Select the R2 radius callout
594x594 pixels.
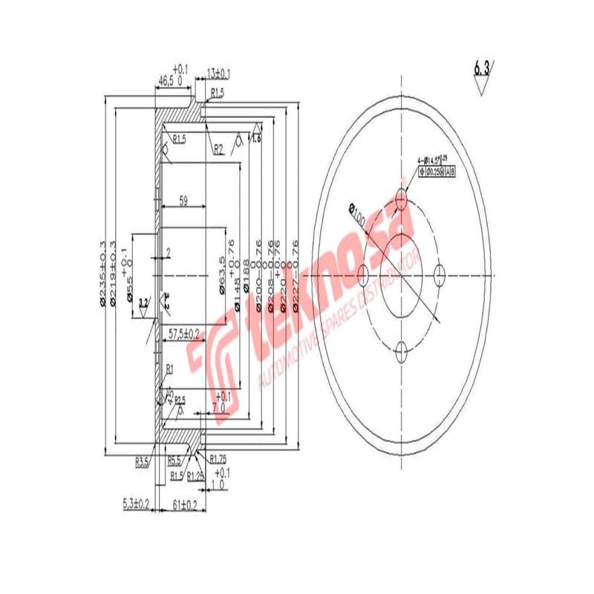pyautogui.click(x=219, y=150)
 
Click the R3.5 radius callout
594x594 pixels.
pyautogui.click(x=143, y=462)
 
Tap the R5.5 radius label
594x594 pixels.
pyautogui.click(x=175, y=460)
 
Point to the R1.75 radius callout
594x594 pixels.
pyautogui.click(x=218, y=458)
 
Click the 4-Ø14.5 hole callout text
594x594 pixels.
pyautogui.click(x=434, y=160)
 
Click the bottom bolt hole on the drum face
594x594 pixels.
pyautogui.click(x=402, y=350)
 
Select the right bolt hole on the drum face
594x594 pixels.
pyautogui.click(x=439, y=275)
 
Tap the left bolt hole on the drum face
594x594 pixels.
pyautogui.click(x=363, y=275)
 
